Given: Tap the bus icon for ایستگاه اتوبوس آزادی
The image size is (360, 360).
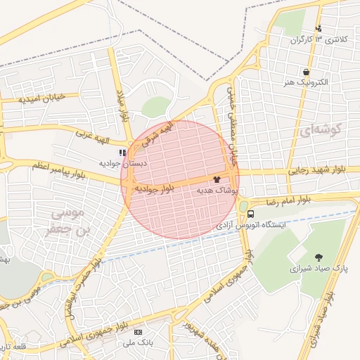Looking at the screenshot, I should tap(250, 214).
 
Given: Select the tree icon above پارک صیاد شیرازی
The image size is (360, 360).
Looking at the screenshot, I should tap(319, 257).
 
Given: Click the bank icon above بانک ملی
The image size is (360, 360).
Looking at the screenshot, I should tap(138, 332).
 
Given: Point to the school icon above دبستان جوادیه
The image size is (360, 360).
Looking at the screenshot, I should tap(122, 152).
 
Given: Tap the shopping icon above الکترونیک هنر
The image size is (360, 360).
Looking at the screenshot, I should tap(306, 72).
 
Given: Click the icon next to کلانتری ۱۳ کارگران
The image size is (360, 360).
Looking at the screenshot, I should tap(319, 29).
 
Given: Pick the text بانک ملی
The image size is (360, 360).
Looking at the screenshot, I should tap(138, 342).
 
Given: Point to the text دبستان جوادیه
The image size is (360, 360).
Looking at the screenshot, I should tap(122, 163).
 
